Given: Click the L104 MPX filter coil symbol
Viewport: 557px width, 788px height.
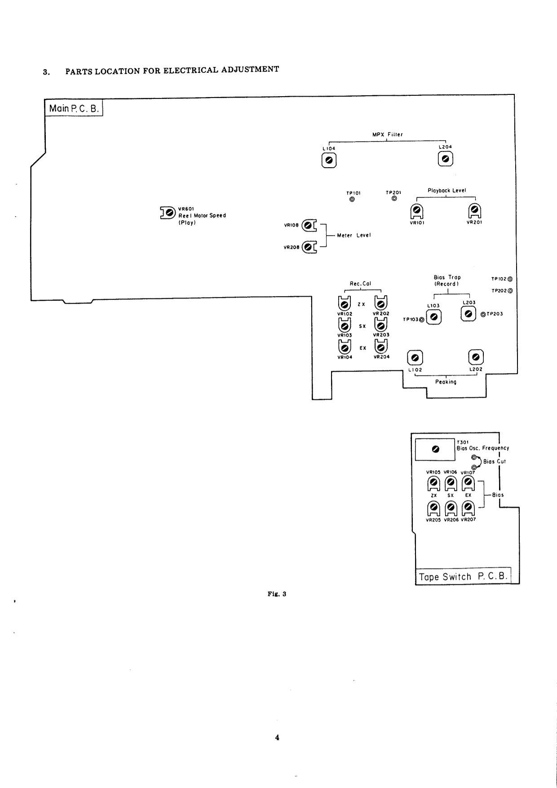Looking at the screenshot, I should (x=329, y=160).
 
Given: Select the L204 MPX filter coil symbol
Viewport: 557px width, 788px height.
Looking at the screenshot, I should (x=446, y=159).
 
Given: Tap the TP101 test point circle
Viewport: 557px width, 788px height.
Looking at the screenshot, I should (x=352, y=199).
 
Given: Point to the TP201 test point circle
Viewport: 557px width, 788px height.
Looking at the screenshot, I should (x=394, y=198).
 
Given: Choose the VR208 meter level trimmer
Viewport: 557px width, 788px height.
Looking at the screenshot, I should (x=308, y=247).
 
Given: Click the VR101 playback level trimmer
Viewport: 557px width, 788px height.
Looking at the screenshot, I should (x=417, y=210).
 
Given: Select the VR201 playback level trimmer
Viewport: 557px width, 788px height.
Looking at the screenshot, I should (x=474, y=210).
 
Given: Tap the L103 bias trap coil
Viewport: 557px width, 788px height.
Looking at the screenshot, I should (x=433, y=317).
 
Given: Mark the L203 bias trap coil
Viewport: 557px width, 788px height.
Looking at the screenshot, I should (x=468, y=314).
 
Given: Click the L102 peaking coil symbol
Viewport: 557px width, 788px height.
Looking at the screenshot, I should (x=415, y=358).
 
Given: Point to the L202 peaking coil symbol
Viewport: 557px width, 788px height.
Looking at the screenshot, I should (x=476, y=357).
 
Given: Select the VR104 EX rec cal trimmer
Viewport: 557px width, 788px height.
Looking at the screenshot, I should (x=345, y=347).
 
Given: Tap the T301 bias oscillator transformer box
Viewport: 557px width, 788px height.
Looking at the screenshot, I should (x=435, y=449).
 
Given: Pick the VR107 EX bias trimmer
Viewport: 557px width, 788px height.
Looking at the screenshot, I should (x=468, y=483).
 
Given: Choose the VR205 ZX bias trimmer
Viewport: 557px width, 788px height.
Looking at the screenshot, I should (x=433, y=508).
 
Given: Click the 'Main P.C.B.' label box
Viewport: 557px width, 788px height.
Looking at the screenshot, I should (x=74, y=108).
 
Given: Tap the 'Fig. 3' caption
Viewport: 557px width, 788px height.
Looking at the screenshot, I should (x=277, y=594).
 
